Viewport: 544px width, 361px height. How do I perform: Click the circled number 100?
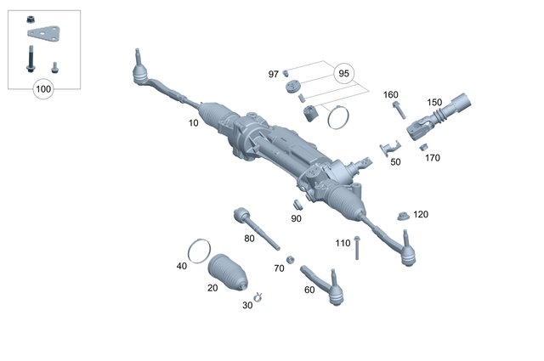click(x=43, y=88)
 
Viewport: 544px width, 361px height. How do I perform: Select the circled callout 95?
click(x=343, y=73)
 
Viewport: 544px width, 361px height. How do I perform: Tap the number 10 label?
click(x=194, y=123)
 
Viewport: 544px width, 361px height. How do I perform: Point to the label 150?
click(x=434, y=102)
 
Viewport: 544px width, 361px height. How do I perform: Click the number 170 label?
click(x=432, y=158)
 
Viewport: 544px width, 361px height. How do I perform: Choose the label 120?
click(x=422, y=214)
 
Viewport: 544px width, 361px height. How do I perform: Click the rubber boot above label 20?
click(x=228, y=272)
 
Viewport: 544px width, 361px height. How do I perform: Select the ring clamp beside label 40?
click(x=199, y=251)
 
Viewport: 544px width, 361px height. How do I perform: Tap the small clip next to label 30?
click(x=260, y=297)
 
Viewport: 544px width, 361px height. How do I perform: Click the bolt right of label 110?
click(x=358, y=247)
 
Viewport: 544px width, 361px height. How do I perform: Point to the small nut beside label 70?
click(x=291, y=259)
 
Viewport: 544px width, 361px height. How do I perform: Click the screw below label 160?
click(x=397, y=111)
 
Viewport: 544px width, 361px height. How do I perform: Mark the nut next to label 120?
click(x=405, y=215)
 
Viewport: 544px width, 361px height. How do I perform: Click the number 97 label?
click(x=274, y=75)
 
